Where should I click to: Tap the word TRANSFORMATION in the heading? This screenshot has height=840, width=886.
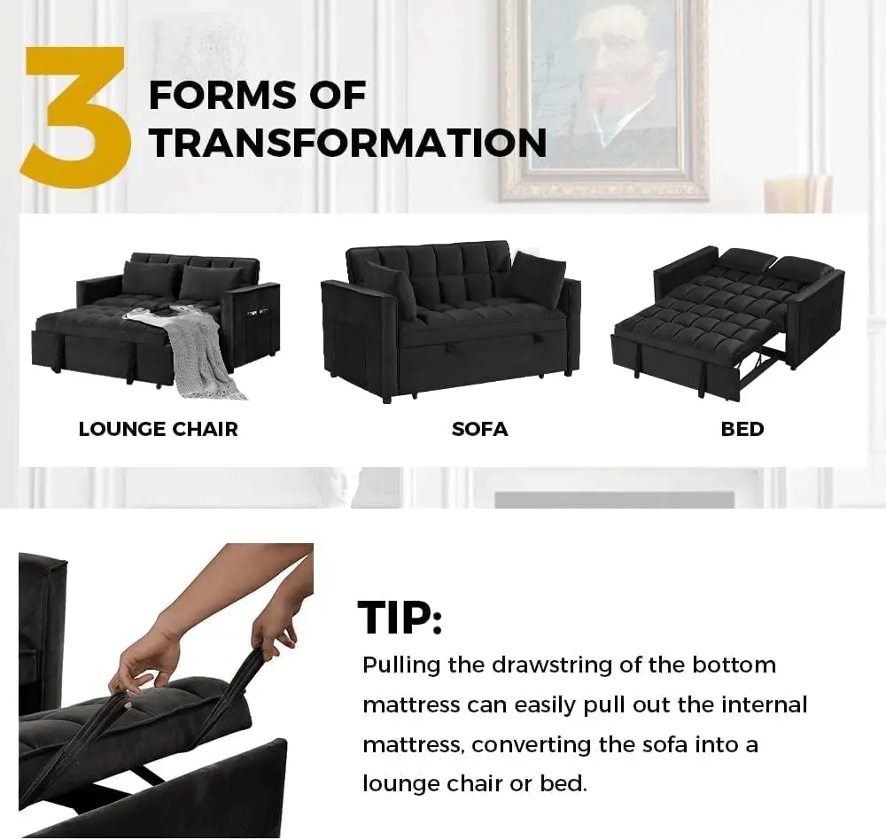(x=348, y=143)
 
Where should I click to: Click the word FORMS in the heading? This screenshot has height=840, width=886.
(x=221, y=95)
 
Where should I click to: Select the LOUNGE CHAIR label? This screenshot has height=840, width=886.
(x=159, y=429)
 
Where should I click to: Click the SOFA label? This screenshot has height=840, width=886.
(x=479, y=429)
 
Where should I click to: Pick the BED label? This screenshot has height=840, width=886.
(x=742, y=429)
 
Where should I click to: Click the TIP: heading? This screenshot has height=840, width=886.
(x=400, y=618)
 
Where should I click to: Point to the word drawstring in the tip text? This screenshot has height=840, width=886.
(x=552, y=665)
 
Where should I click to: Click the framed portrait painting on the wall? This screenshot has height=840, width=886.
(x=603, y=99)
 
